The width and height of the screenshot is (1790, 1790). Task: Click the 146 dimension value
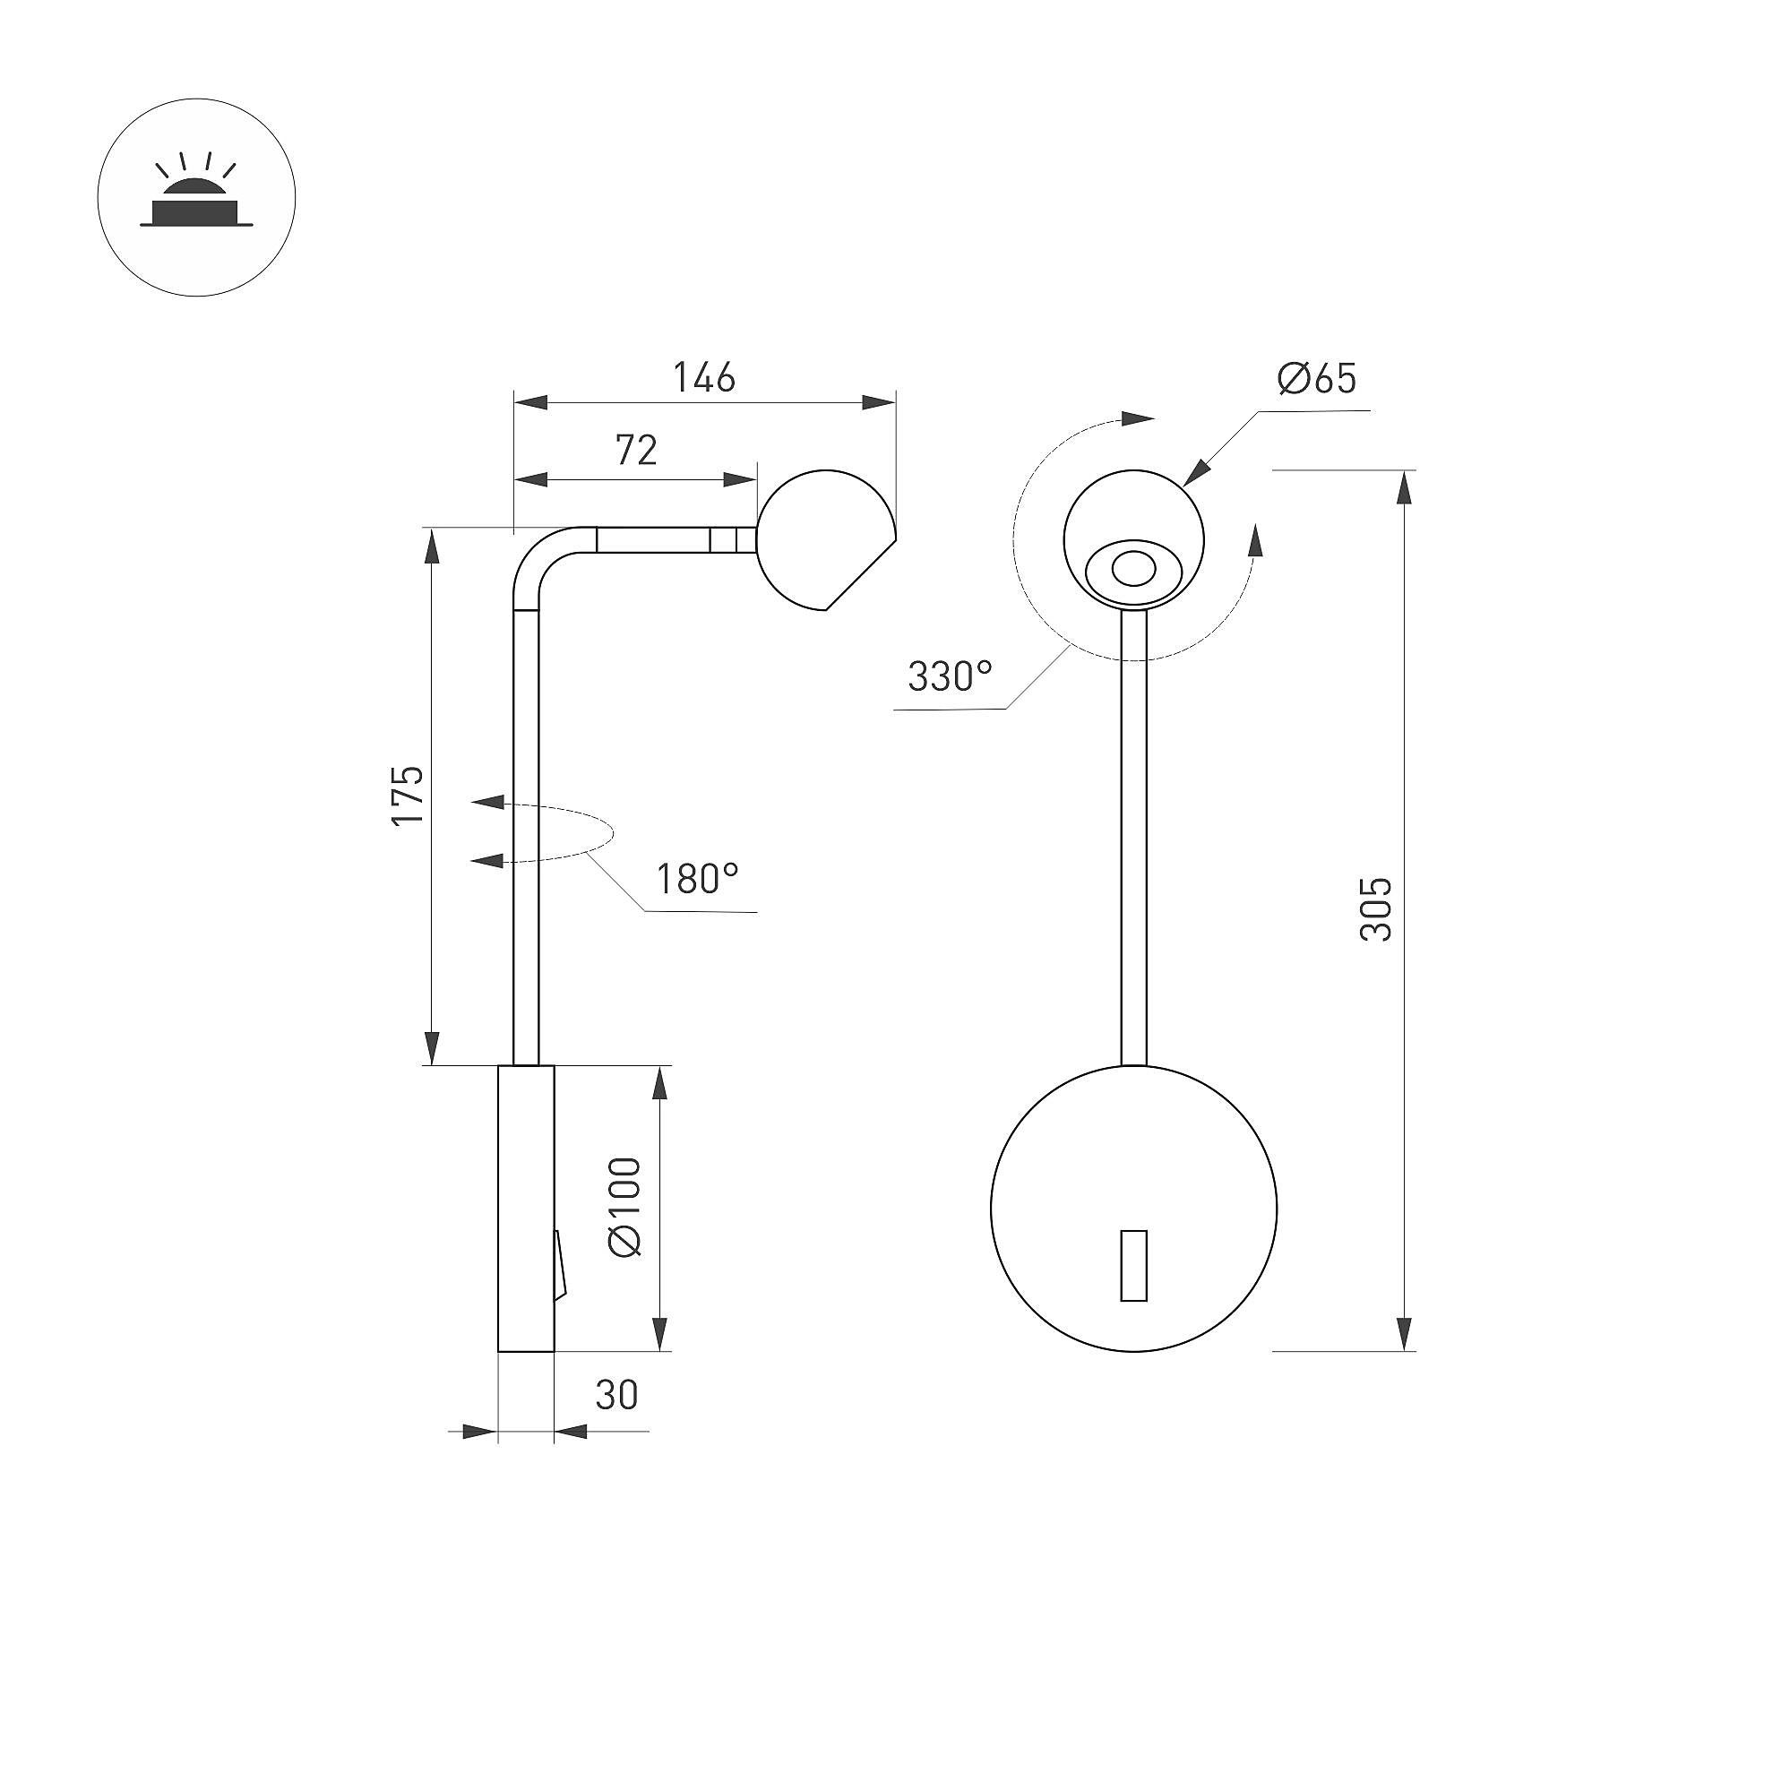pyautogui.click(x=704, y=377)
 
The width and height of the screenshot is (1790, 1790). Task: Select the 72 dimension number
pyautogui.click(x=636, y=450)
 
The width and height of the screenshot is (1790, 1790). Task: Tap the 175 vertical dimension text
pyautogui.click(x=408, y=795)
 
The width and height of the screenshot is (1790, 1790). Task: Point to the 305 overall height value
pyautogui.click(x=1376, y=909)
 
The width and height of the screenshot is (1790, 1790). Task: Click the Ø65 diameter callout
pyautogui.click(x=1317, y=378)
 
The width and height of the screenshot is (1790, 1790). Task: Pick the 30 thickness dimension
pyautogui.click(x=616, y=1394)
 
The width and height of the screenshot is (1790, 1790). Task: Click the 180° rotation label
pyautogui.click(x=698, y=878)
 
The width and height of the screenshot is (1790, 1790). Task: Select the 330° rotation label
pyautogui.click(x=950, y=676)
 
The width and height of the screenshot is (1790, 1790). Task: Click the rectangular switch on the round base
pyautogui.click(x=1134, y=1266)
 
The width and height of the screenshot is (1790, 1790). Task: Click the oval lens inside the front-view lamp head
pyautogui.click(x=1133, y=568)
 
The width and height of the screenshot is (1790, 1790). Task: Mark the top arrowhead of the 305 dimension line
pyautogui.click(x=1405, y=486)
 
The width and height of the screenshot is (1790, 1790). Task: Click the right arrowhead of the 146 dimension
pyautogui.click(x=878, y=402)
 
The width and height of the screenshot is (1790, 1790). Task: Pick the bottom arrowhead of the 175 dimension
pyautogui.click(x=432, y=1049)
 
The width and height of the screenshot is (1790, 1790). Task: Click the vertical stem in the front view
pyautogui.click(x=1134, y=838)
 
